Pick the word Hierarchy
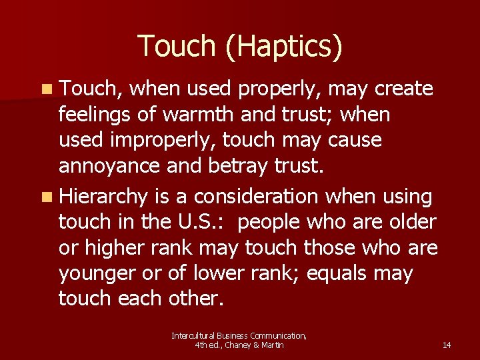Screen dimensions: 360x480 (x=103, y=197)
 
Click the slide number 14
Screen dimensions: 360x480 (x=447, y=345)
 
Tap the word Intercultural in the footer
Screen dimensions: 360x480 (x=192, y=335)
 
